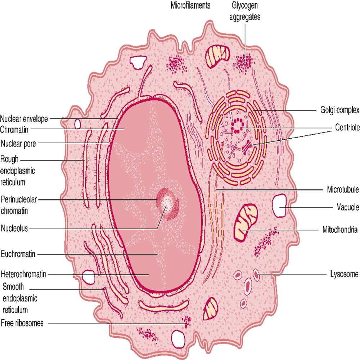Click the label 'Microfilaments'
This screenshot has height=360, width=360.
[190, 6]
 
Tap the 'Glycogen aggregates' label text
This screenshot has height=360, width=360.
[246, 11]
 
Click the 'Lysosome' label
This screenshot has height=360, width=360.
[344, 274]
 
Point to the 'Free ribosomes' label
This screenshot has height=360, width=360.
[22, 323]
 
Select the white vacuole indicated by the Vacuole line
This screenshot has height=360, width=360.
[279, 206]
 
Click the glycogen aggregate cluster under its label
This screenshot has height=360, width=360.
[245, 63]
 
